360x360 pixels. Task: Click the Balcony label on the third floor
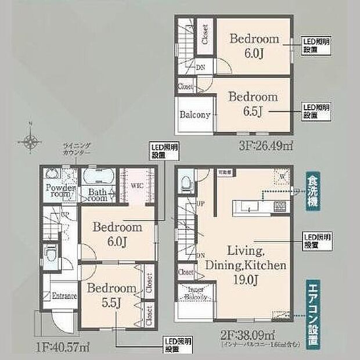click(195, 114)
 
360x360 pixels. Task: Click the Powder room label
click(60, 191)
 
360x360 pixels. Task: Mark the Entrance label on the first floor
click(64, 296)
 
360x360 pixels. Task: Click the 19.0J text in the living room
click(243, 278)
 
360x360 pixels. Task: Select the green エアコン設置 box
click(312, 314)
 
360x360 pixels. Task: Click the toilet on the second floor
click(186, 182)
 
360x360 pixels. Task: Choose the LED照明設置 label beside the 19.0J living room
click(317, 240)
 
